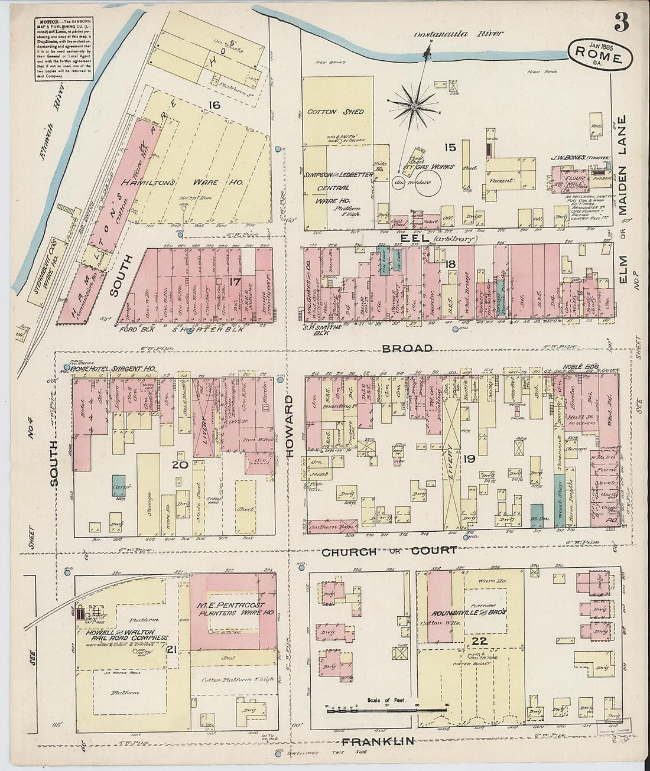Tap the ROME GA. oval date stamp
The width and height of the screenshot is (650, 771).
[599, 54]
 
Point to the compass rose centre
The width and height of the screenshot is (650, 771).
[415, 106]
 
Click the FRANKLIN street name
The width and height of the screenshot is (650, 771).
[376, 741]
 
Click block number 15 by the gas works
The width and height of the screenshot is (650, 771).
[451, 147]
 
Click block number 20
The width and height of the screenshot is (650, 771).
[180, 465]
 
